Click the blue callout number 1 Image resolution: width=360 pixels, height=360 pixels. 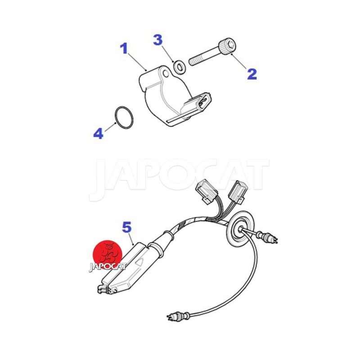click(x=124, y=49)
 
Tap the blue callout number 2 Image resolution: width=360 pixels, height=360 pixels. click(x=252, y=74)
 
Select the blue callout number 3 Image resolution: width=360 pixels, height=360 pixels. click(x=158, y=40)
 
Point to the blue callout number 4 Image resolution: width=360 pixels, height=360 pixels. click(x=99, y=133)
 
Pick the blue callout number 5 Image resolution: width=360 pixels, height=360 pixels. click(x=127, y=227)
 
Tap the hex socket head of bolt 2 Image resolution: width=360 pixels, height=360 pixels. click(x=228, y=47)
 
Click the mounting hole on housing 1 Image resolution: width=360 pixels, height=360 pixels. click(x=166, y=74)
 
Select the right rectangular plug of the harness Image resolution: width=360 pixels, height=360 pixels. click(x=237, y=192)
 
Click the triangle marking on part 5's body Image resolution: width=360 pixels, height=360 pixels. click(x=140, y=262)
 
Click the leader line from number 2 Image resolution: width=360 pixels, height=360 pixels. click(x=239, y=61)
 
